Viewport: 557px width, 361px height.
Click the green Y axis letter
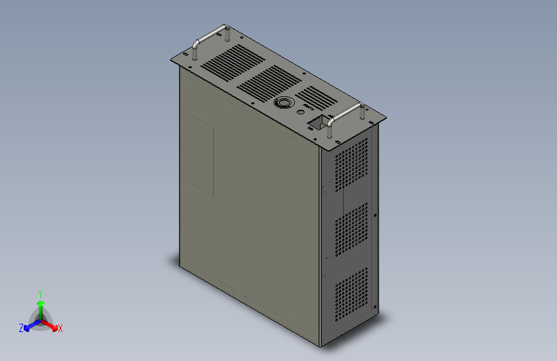[40, 292]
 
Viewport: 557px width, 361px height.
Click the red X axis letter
[60, 329]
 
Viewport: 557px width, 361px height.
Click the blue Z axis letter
[21, 328]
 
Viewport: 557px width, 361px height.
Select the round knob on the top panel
[283, 103]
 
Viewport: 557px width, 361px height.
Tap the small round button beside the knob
[301, 112]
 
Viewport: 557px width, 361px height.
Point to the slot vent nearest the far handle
[233, 60]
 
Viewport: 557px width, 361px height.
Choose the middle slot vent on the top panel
[269, 82]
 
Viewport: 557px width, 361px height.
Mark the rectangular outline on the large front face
[200, 153]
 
